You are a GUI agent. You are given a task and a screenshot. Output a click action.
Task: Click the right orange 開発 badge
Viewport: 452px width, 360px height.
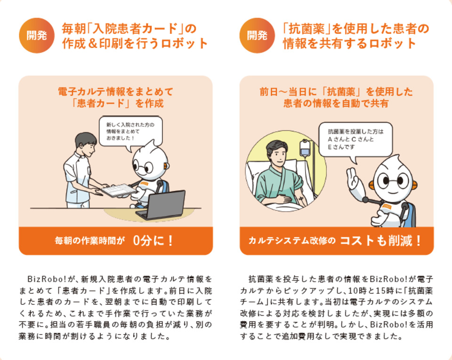257,35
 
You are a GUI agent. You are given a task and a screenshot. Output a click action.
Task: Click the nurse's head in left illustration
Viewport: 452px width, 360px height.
86,142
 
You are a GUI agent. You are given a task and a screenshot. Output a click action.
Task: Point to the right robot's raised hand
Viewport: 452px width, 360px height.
352,180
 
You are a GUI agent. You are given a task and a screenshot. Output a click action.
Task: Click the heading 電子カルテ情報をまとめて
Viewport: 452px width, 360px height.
115,91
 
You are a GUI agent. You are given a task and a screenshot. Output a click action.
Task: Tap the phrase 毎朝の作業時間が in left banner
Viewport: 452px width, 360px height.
89,241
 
